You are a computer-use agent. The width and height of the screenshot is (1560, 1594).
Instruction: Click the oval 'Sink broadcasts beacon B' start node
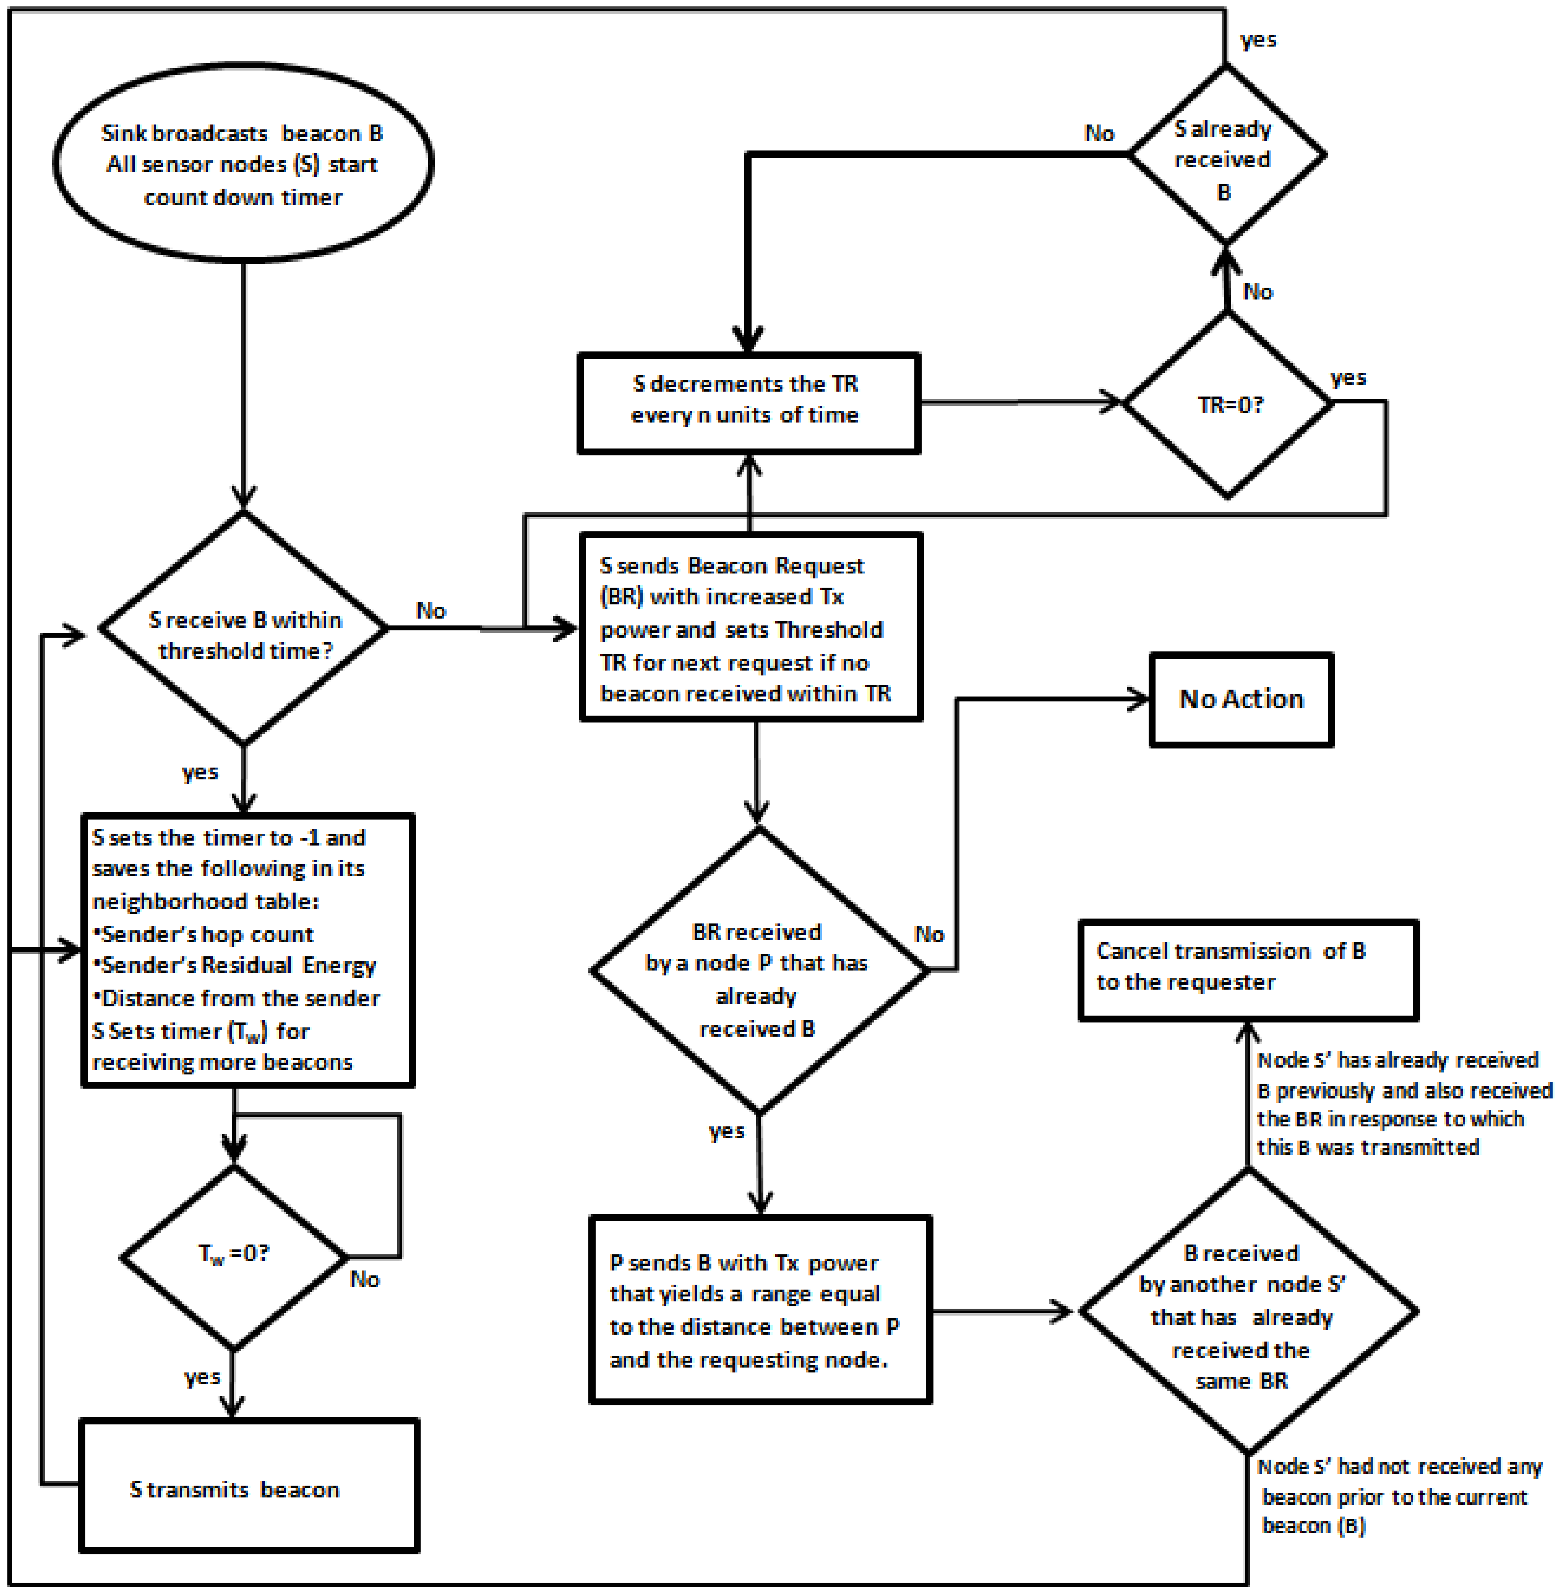[243, 164]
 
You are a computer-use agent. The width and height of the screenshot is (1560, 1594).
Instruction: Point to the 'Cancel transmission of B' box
[1247, 970]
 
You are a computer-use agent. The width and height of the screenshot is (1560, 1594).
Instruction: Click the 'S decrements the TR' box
[749, 401]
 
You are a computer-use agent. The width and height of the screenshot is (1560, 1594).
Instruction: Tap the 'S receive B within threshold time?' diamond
[243, 629]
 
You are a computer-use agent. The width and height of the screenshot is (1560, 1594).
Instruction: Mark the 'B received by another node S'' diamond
[1247, 1311]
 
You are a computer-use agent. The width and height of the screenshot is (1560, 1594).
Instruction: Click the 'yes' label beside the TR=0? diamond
[1348, 377]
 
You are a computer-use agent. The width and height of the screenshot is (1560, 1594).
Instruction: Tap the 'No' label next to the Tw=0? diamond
[365, 1279]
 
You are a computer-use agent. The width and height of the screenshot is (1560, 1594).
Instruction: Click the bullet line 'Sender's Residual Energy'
[236, 966]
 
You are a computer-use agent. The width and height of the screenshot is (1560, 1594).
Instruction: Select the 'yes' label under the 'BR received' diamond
[727, 1131]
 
